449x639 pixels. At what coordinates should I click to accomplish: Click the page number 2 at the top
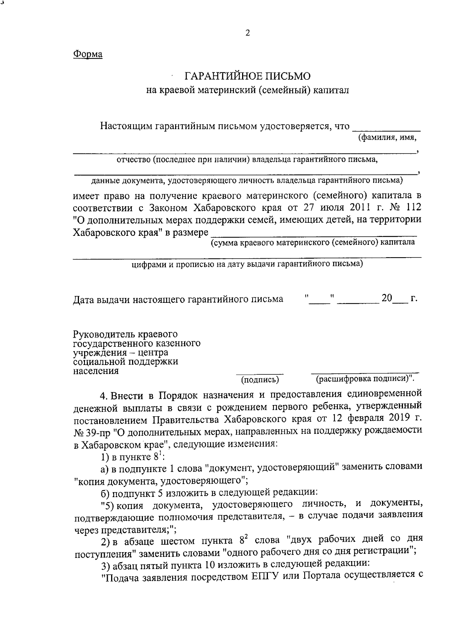pos(247,33)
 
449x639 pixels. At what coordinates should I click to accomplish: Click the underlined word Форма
pos(88,54)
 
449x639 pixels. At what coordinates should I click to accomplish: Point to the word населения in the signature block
pos(96,371)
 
